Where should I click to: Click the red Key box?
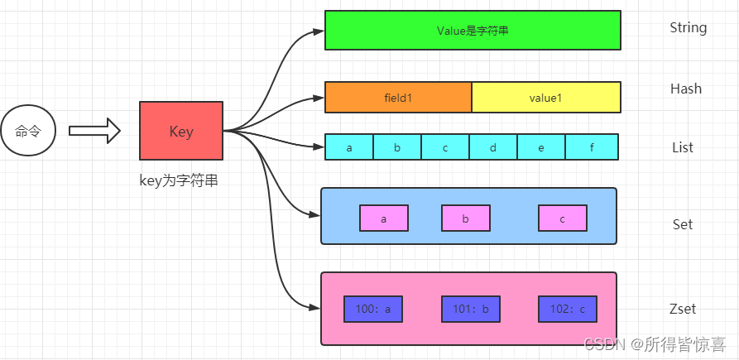tap(181, 131)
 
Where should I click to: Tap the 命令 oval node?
tap(29, 131)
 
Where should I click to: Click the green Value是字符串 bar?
tap(472, 31)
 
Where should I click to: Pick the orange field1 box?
tap(398, 98)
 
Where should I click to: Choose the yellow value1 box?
tap(545, 98)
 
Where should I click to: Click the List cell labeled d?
tap(493, 147)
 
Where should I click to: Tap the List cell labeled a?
tap(349, 147)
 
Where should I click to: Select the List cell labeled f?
tap(592, 147)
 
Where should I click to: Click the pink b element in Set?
tap(466, 218)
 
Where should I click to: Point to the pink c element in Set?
tap(563, 218)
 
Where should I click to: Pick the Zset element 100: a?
tap(373, 309)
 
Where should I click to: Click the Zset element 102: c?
tap(567, 309)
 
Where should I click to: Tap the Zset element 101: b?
tap(470, 309)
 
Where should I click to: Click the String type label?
tap(688, 27)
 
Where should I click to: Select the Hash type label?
tap(686, 89)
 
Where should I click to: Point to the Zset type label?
tap(683, 309)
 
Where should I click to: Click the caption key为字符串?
tap(179, 180)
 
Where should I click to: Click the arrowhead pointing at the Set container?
tap(314, 215)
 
